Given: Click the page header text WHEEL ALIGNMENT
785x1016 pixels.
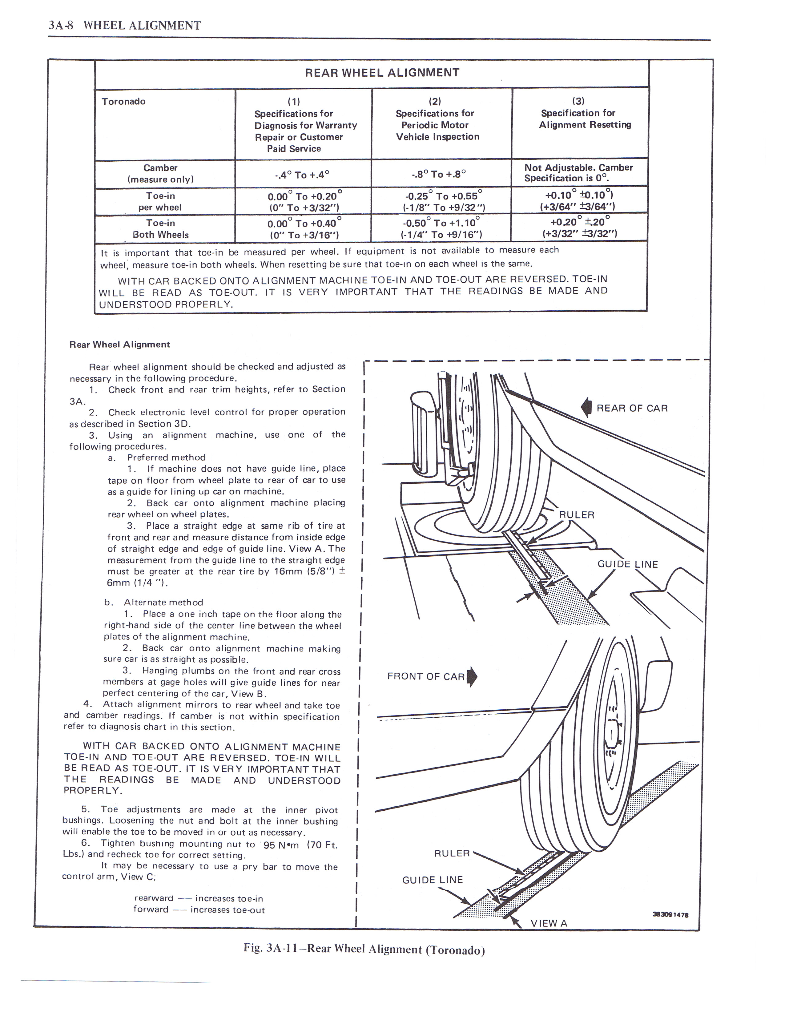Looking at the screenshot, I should click(142, 25).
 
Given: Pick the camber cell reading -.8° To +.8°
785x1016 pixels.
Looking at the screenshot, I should click(439, 175).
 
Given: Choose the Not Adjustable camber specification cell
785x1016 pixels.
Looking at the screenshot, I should click(578, 173).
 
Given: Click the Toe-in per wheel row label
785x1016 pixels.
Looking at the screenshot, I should click(160, 201).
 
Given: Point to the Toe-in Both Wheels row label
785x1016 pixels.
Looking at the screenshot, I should click(160, 228).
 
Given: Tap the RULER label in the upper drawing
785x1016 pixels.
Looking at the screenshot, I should click(577, 514).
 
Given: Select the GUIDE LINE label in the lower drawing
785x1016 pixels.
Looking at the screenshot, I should click(433, 880).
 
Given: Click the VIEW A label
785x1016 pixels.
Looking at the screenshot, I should click(549, 923).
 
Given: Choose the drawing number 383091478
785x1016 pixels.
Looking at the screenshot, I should click(670, 914).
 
